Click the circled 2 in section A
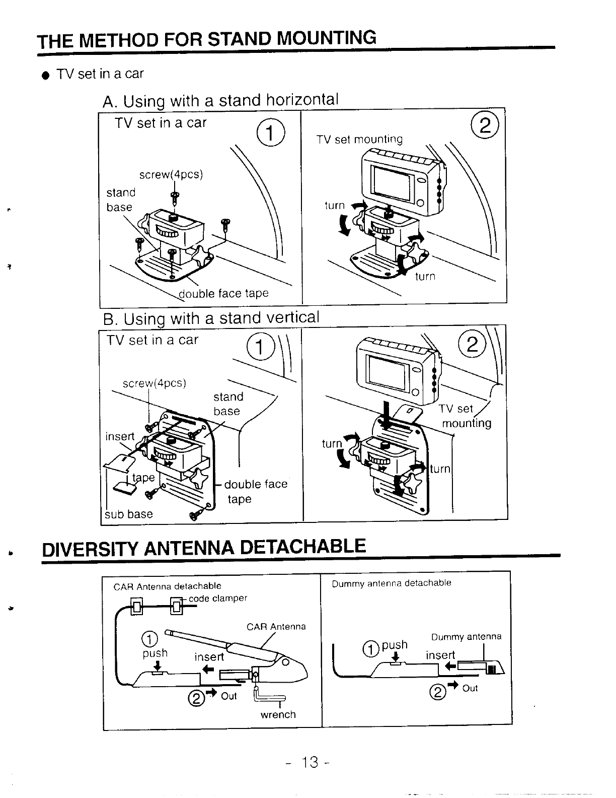point(485,126)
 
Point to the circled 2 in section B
point(472,345)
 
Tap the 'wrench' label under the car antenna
point(278,714)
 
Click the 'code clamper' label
point(218,598)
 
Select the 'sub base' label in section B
point(128,514)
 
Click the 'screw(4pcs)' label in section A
point(171,174)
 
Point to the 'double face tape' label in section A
point(224,293)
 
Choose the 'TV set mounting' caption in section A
point(359,139)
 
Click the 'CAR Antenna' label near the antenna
point(276,627)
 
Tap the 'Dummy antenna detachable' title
point(391,583)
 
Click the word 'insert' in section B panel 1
point(120,436)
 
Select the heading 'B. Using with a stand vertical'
point(211,318)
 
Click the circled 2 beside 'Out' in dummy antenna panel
point(438,693)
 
